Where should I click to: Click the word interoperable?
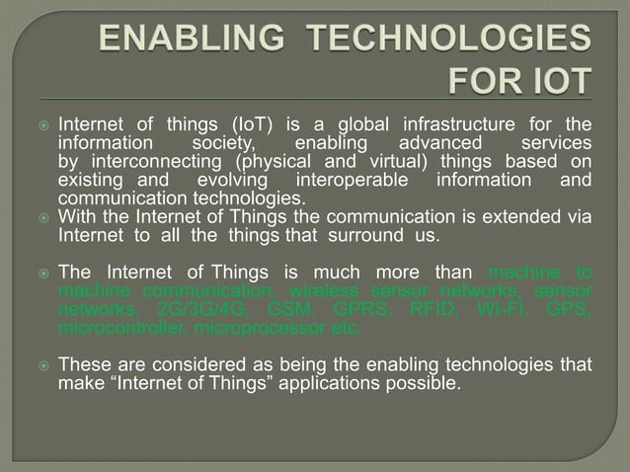352,181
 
